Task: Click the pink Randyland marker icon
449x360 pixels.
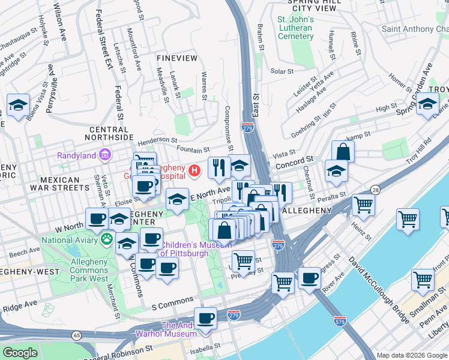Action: point(105,155)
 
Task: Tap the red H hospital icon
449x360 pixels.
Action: point(194,171)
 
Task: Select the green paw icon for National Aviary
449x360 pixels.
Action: point(107,239)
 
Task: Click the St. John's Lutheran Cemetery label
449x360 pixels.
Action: point(295,28)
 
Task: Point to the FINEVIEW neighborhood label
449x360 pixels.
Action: point(176,58)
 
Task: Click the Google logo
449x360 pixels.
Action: point(20,353)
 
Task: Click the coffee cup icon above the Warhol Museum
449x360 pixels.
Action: point(205,318)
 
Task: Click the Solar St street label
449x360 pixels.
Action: point(282,71)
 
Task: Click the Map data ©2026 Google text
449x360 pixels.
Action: point(411,355)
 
